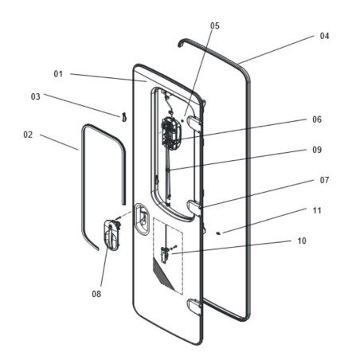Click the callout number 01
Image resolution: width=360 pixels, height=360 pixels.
coord(58,73)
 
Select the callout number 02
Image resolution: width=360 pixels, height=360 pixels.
coord(28,135)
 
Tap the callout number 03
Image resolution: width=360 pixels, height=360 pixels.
coord(36,96)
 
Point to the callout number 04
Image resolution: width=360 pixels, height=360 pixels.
coord(324,37)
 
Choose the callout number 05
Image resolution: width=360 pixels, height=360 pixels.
coord(214,25)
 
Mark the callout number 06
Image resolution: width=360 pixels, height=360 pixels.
coord(316,119)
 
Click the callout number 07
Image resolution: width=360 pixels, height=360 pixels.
coord(324,180)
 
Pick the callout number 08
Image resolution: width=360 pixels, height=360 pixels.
coord(97,293)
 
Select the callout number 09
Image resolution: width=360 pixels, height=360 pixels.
coord(316,150)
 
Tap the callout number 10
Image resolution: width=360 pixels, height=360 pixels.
coord(301,240)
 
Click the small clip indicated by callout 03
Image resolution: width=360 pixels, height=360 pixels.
coord(124,118)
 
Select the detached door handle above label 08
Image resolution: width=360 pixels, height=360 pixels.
coord(111,236)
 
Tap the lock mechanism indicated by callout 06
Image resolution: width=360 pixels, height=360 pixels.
coord(170,131)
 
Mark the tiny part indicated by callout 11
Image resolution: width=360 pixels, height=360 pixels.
coord(219,232)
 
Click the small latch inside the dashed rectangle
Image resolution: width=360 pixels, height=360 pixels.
coord(165,254)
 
